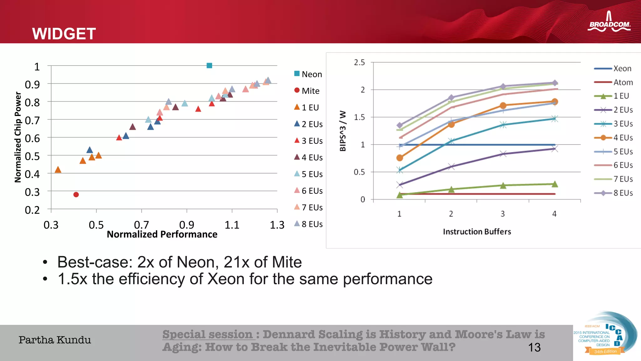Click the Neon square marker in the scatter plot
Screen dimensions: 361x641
(x=209, y=65)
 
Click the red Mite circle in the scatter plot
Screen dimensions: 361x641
(x=76, y=195)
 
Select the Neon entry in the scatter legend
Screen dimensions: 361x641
(x=308, y=74)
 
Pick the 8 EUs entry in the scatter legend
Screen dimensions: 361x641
(x=308, y=224)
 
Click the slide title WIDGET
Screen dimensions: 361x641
(x=64, y=34)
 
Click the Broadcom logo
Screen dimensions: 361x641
(x=609, y=22)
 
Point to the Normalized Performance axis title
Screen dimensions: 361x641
(x=162, y=234)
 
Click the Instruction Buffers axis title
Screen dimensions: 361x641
(x=477, y=232)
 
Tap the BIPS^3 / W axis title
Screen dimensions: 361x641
(x=343, y=131)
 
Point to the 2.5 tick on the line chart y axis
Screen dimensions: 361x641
(x=359, y=62)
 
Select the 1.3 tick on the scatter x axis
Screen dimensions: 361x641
(x=277, y=225)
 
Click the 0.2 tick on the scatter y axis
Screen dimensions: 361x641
(x=32, y=210)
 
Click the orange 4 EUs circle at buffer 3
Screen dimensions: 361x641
(x=503, y=106)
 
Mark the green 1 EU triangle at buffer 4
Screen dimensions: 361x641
(x=555, y=184)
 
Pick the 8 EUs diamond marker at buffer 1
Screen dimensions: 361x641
(x=400, y=125)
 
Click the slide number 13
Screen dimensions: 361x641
(x=534, y=347)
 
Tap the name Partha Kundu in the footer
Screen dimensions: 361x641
(x=55, y=340)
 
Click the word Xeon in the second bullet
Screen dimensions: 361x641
(x=226, y=279)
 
